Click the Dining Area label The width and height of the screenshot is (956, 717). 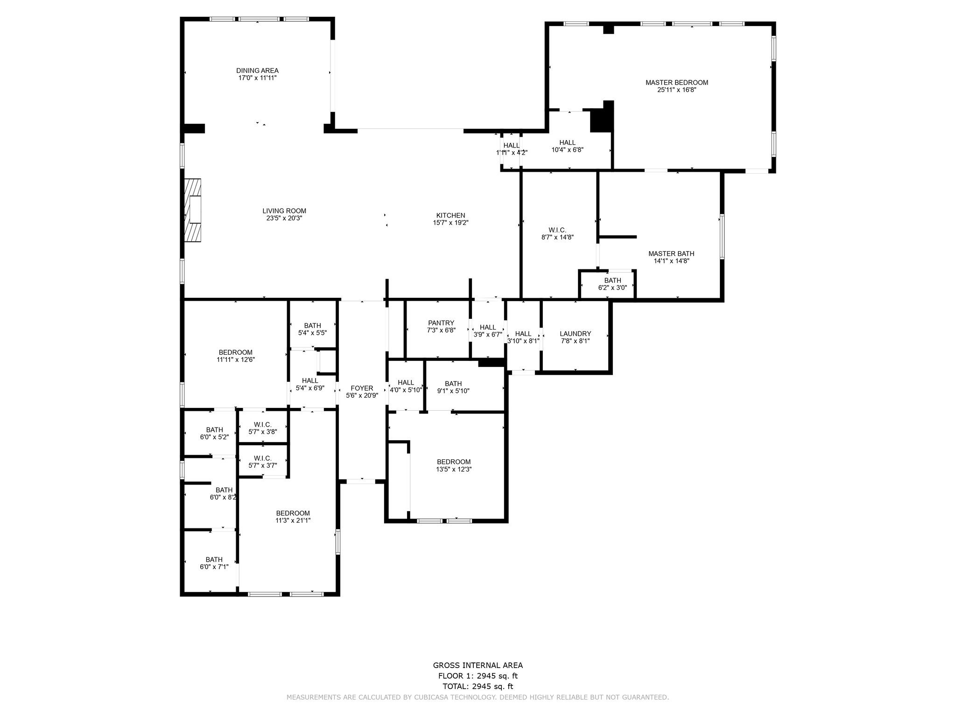(257, 70)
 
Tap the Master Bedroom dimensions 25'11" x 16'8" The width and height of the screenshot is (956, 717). (677, 90)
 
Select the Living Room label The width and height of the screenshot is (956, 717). (284, 211)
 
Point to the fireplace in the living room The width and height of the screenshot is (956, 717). (193, 210)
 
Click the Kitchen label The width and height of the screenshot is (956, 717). (450, 215)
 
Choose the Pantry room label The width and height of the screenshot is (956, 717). (441, 323)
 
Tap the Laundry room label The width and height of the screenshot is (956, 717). (576, 334)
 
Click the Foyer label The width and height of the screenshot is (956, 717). (362, 388)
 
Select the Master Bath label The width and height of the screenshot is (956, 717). (671, 254)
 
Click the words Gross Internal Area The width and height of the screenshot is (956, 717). (478, 666)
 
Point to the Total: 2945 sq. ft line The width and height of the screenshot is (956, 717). (478, 686)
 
